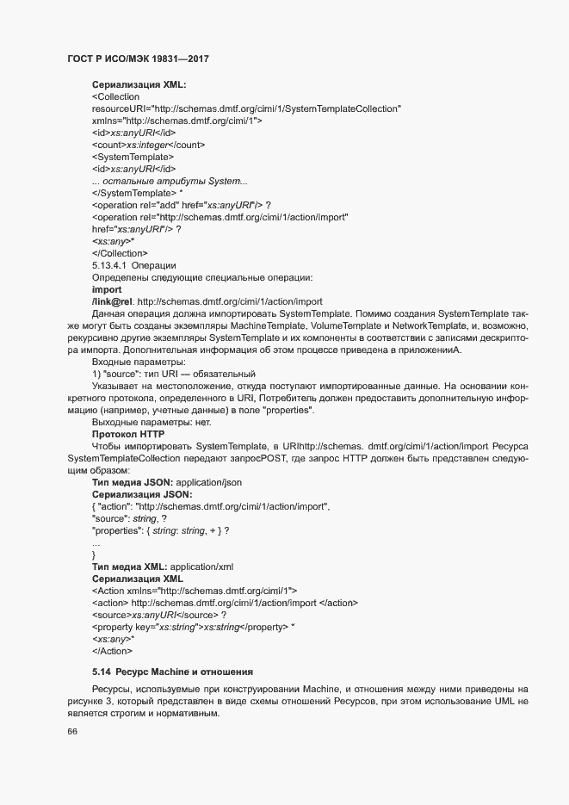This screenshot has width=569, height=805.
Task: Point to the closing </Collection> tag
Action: point(120,253)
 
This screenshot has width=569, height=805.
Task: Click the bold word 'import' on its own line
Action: point(106,290)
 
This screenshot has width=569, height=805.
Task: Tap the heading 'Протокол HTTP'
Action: point(127,435)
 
